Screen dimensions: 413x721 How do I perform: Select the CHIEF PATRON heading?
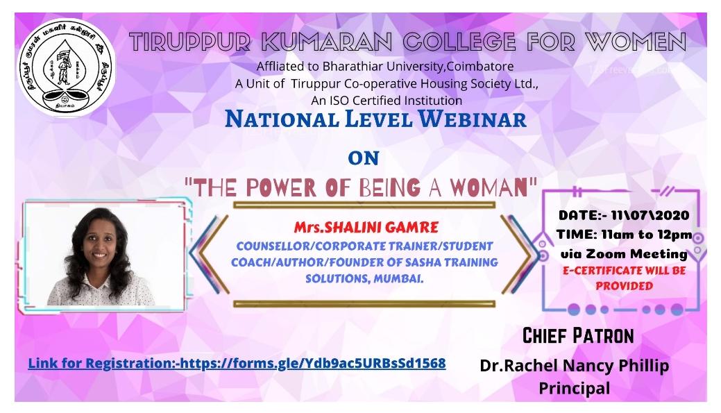click(578, 337)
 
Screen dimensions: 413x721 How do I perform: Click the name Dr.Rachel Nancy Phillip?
click(575, 366)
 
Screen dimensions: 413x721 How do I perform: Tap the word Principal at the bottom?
click(575, 387)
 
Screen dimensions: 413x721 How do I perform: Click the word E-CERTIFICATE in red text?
click(597, 271)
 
